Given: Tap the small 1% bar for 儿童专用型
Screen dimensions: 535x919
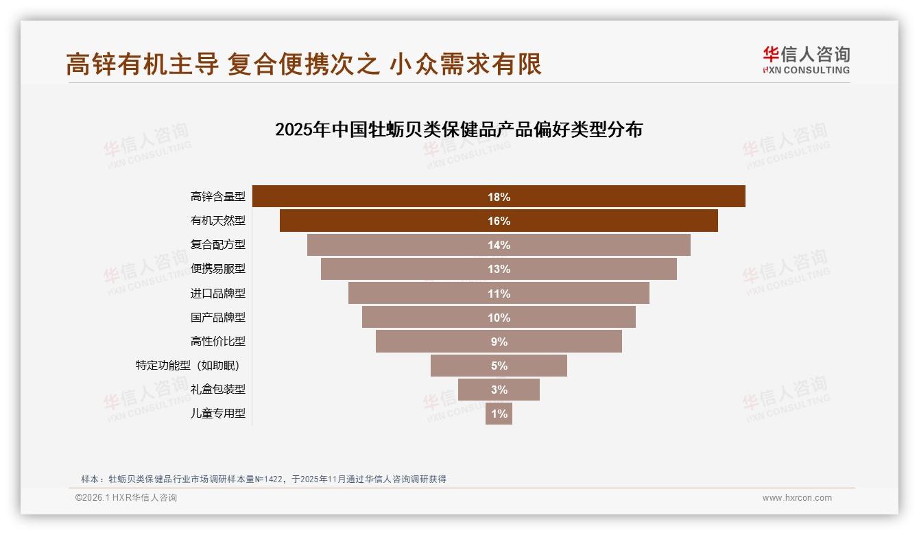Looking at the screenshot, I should click(x=499, y=414).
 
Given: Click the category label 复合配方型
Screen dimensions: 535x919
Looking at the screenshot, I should click(x=217, y=245).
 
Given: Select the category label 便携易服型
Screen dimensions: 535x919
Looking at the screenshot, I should click(x=217, y=269).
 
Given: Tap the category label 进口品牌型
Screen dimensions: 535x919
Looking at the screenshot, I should click(x=217, y=293).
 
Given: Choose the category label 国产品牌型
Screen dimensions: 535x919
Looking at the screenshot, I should click(x=217, y=317).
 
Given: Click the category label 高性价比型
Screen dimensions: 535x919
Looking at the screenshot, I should click(x=217, y=341).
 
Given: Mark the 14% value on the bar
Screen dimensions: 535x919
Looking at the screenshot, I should click(x=499, y=245).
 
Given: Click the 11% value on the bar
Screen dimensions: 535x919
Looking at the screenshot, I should click(x=499, y=294).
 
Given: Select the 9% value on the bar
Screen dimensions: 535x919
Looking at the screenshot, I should click(x=499, y=342).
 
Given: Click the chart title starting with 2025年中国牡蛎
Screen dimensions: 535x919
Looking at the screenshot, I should click(x=458, y=130).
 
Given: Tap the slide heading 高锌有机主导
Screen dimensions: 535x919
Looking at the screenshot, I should click(x=303, y=64).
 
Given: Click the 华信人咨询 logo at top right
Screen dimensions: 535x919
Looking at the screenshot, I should click(x=806, y=60).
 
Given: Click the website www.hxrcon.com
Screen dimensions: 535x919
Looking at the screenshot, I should click(x=796, y=498).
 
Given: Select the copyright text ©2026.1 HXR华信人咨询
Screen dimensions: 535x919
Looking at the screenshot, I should click(x=126, y=498).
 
